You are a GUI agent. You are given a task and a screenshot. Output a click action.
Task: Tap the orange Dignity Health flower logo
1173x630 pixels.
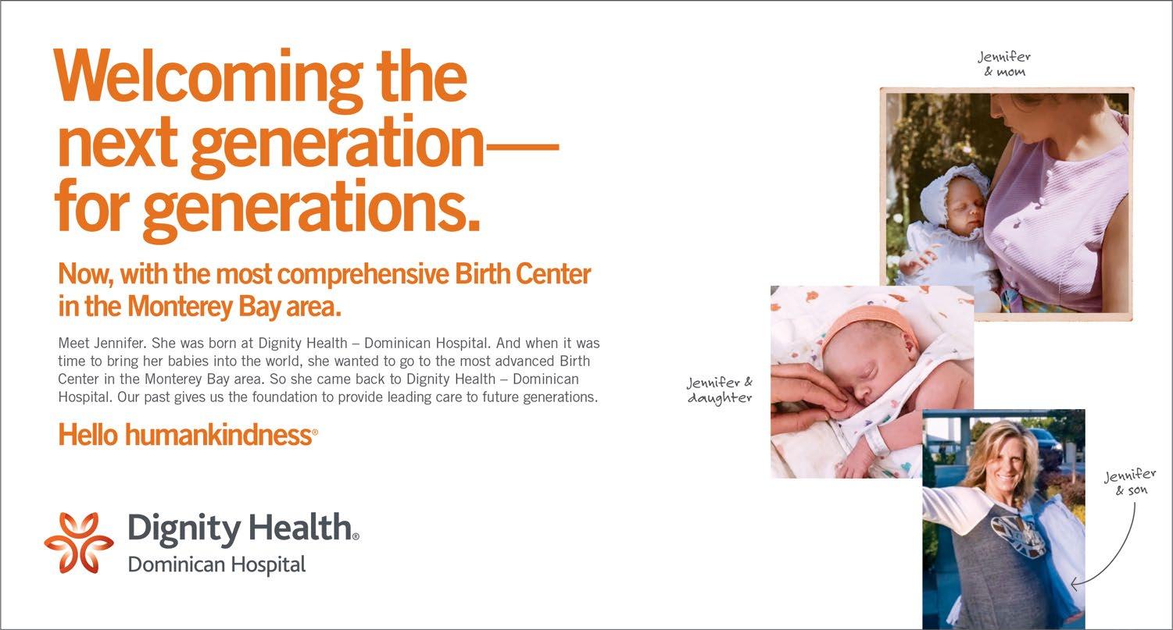pyautogui.click(x=79, y=543)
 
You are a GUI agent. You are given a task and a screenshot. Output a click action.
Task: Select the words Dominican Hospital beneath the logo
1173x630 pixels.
pyautogui.click(x=216, y=565)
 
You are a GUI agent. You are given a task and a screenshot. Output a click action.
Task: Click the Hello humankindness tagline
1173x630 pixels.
pyautogui.click(x=188, y=435)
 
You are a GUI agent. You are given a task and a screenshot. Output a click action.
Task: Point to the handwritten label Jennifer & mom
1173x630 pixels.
pyautogui.click(x=1004, y=64)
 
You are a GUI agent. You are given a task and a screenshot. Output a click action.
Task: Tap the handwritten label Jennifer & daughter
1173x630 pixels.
pyautogui.click(x=720, y=390)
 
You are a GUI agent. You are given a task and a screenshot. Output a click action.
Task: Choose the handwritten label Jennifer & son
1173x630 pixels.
pyautogui.click(x=1129, y=482)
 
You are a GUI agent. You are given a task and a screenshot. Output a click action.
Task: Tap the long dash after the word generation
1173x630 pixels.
pyautogui.click(x=522, y=148)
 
